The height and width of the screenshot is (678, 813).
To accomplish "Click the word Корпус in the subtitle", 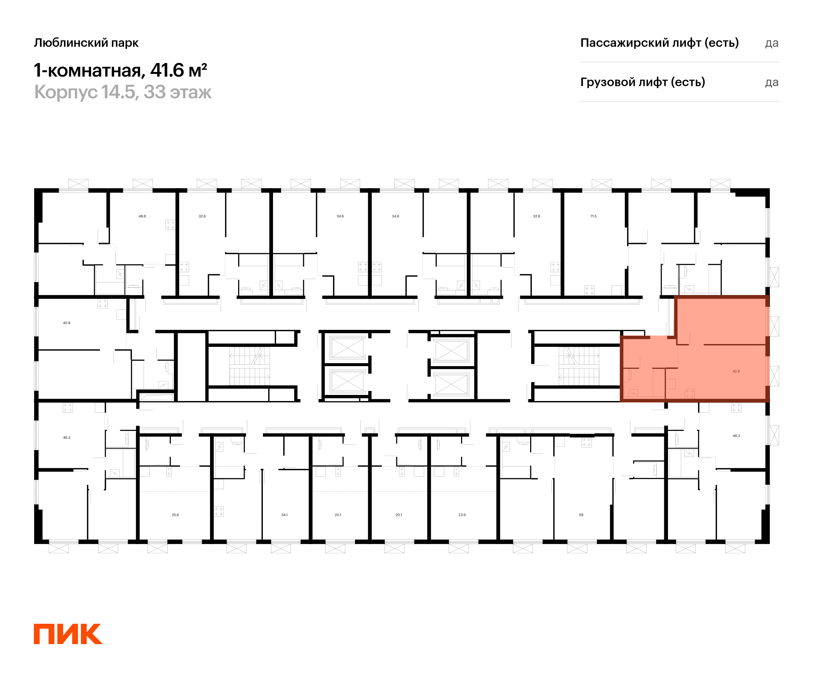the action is tap(66, 93).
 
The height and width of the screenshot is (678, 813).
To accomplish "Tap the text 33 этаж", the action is tap(178, 92).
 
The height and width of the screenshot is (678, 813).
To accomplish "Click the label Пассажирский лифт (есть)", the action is tap(659, 43).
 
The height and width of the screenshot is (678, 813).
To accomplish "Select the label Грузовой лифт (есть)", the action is tap(643, 82).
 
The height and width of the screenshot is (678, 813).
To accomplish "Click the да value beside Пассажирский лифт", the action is tap(772, 43).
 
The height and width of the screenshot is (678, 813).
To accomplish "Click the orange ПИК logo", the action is tap(68, 634).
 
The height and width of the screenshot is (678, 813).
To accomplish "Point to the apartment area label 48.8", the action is tap(142, 216).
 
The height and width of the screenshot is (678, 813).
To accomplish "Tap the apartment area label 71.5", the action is tap(593, 216).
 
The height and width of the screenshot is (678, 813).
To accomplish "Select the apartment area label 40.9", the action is tap(67, 323).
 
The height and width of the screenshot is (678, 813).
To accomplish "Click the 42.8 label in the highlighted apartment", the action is tap(736, 371).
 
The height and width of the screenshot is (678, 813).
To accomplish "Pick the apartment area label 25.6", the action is tap(175, 515).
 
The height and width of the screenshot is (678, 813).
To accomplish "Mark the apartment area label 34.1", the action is tap(285, 515).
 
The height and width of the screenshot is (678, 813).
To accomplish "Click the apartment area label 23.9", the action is tap(462, 515).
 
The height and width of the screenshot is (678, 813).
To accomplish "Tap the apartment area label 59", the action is tap(581, 515).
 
